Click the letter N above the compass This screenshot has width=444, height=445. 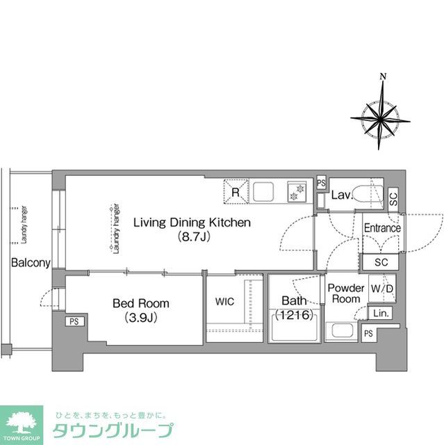tap(382, 76)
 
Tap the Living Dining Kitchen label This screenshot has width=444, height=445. tap(191, 223)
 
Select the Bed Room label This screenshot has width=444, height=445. tap(140, 304)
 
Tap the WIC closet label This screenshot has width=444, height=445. tap(224, 302)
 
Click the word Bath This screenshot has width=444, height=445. tap(292, 301)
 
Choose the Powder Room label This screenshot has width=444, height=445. tap(345, 293)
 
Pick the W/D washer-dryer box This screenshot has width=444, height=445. tap(381, 288)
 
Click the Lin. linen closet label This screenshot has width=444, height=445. tap(381, 314)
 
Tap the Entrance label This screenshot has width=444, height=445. tap(381, 228)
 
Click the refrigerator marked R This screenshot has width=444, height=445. tap(236, 191)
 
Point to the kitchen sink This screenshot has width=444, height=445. tap(265, 191)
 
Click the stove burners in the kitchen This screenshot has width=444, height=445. tap(297, 191)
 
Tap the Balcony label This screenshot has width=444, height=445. tap(30, 263)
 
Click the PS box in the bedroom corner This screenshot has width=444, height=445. tap(73, 322)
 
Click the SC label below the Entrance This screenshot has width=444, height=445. tap(381, 262)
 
